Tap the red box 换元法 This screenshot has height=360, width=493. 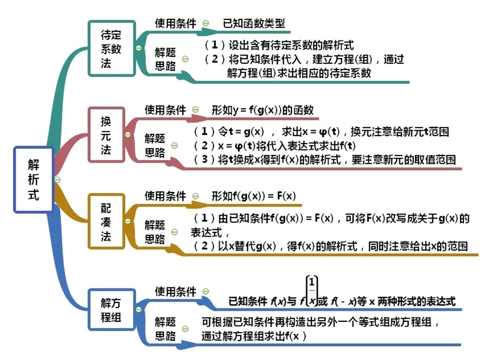pyautogui.click(x=106, y=136)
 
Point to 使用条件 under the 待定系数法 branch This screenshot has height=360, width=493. pyautogui.click(x=175, y=23)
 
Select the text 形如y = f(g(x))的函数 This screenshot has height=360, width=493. pyautogui.click(x=262, y=110)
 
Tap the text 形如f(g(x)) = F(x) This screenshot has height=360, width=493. pyautogui.click(x=254, y=196)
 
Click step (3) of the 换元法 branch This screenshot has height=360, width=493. pyautogui.click(x=324, y=160)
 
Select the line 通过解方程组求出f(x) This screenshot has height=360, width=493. pyautogui.click(x=253, y=336)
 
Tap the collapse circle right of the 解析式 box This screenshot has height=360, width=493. pyautogui.click(x=58, y=179)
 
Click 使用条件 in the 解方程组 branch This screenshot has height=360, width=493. pyautogui.click(x=175, y=291)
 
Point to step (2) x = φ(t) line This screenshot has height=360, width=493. pyautogui.click(x=275, y=145)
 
